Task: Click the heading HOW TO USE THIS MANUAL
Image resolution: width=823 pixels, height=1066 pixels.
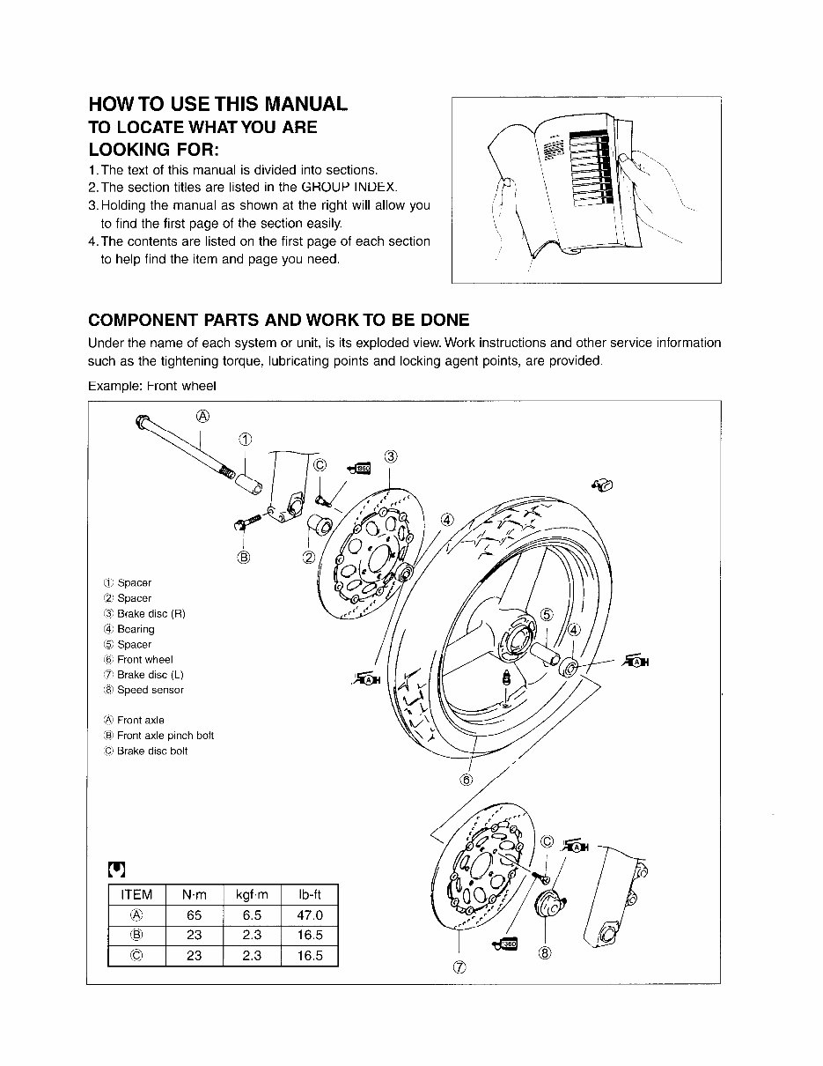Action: point(218,104)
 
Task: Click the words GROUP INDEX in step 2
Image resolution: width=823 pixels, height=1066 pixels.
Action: point(349,188)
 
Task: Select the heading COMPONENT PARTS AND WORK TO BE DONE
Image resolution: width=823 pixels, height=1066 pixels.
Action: point(279,320)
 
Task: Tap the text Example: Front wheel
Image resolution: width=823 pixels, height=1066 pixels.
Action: point(152,386)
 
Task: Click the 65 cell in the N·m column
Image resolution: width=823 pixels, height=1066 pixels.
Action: point(194,915)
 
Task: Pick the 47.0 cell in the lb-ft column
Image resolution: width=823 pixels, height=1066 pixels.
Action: point(309,915)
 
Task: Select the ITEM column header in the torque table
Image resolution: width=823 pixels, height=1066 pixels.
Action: point(136,895)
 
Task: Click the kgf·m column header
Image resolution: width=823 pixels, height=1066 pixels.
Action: point(251,895)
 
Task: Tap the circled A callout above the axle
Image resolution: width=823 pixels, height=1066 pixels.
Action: point(202,416)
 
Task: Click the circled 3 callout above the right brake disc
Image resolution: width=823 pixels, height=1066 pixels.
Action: point(391,455)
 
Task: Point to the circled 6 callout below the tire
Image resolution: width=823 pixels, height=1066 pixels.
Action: point(467,780)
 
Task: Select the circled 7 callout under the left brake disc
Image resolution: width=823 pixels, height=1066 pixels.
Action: point(459,967)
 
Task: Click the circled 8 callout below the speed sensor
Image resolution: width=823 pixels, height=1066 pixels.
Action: point(545,952)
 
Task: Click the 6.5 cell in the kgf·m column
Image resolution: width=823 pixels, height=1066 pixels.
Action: point(251,915)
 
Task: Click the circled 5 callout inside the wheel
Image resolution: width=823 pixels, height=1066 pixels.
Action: point(546,615)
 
